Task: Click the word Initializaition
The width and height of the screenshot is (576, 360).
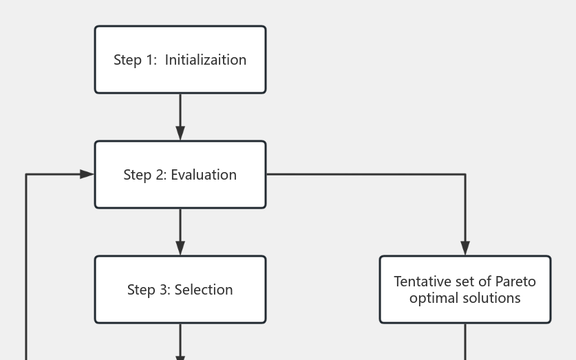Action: (205, 60)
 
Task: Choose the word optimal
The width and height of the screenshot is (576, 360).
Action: (434, 298)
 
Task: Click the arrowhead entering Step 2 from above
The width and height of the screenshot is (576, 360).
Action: (180, 134)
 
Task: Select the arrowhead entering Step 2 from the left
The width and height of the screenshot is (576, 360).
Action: (87, 174)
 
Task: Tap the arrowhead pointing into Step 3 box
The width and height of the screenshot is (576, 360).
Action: (180, 248)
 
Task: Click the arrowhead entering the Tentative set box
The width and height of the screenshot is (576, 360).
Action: (465, 248)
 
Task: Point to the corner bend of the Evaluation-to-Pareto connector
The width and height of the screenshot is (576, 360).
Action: (465, 174)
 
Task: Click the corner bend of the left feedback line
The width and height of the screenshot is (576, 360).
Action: (26, 175)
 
